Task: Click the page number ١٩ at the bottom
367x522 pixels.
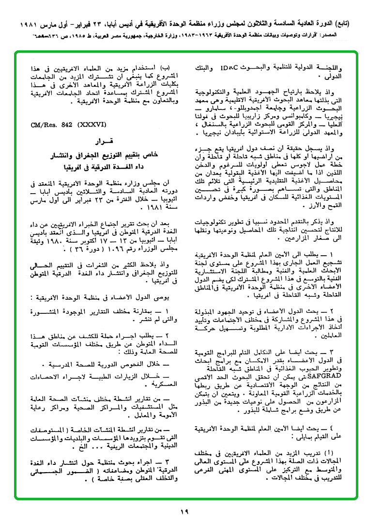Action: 183,511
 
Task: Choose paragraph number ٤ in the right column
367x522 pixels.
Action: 345,428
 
